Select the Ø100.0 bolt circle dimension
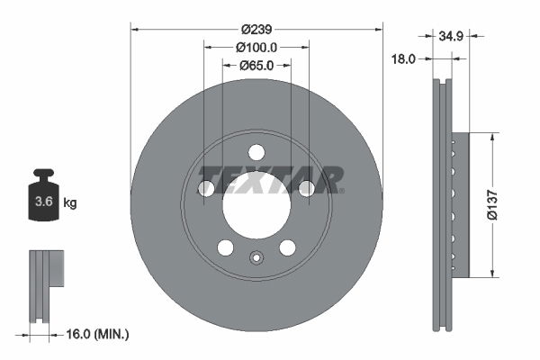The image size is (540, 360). pyautogui.click(x=256, y=47)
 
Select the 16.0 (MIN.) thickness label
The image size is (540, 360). pyautogui.click(x=99, y=334)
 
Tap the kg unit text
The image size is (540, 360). pyautogui.click(x=70, y=203)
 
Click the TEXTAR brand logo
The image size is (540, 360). pyautogui.click(x=271, y=179)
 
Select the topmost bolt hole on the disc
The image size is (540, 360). pyautogui.click(x=256, y=152)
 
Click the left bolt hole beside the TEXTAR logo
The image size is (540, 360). pyautogui.click(x=206, y=188)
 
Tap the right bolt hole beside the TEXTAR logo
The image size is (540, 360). pyautogui.click(x=306, y=188)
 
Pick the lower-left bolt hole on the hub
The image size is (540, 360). pyautogui.click(x=226, y=247)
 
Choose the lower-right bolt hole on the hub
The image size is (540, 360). pyautogui.click(x=287, y=247)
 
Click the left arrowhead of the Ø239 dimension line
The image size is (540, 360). pyautogui.click(x=135, y=29)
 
